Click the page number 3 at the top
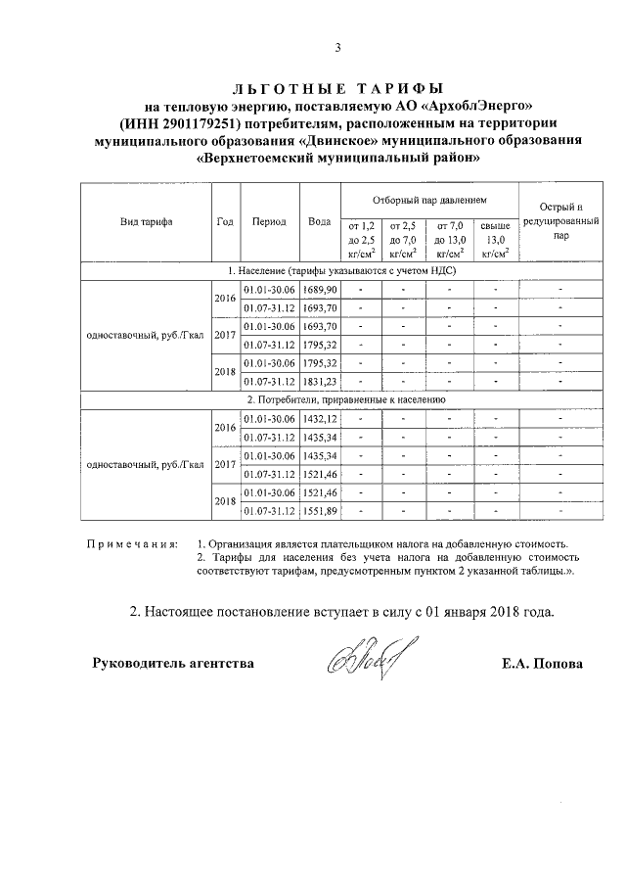click(337, 48)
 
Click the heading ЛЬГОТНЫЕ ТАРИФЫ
click(337, 88)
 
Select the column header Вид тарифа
click(147, 222)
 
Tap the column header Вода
click(319, 222)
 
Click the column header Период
click(268, 222)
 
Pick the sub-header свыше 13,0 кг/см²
click(496, 240)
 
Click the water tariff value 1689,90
click(319, 291)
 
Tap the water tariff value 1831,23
click(319, 381)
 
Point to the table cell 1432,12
click(319, 418)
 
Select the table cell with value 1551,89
click(319, 510)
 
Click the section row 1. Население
click(337, 271)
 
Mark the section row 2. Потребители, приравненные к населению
click(337, 399)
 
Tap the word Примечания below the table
click(132, 541)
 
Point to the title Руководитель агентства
click(173, 664)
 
